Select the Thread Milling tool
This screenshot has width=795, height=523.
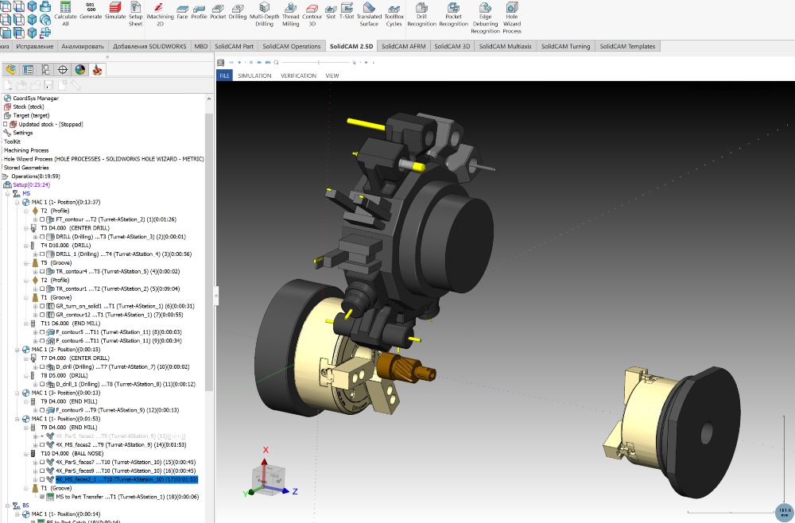click(290, 14)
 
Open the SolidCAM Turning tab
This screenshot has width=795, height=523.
click(565, 46)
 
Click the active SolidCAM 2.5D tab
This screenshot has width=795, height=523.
click(351, 46)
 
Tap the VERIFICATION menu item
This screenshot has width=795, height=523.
click(298, 76)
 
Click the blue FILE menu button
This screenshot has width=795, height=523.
click(225, 76)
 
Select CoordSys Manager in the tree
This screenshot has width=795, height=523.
click(36, 98)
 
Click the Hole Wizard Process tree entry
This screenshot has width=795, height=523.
click(103, 159)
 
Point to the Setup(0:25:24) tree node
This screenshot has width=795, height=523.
click(31, 184)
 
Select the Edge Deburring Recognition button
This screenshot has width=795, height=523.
click(485, 17)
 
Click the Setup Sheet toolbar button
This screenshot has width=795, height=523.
click(136, 14)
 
